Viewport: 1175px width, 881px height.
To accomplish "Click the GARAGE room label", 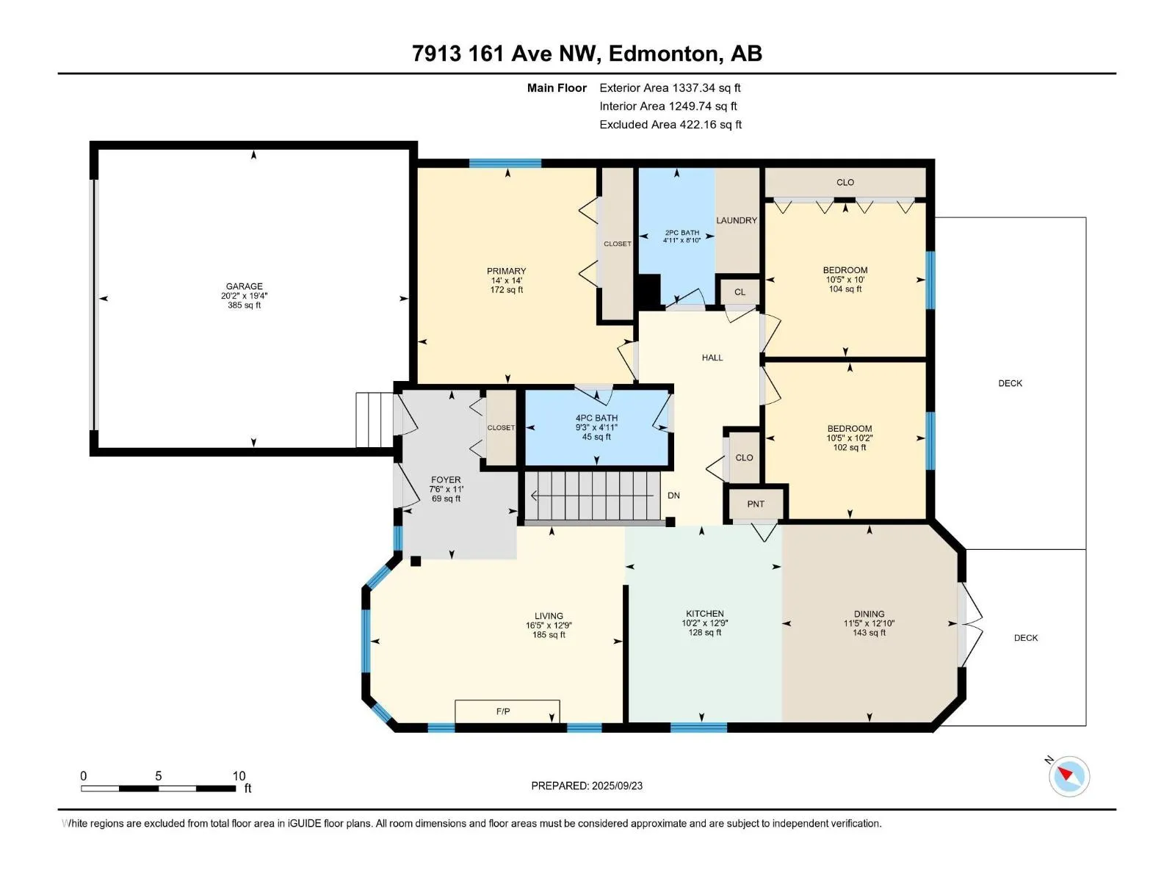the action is click(x=244, y=286).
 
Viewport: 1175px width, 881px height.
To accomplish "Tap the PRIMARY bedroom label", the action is click(x=507, y=271).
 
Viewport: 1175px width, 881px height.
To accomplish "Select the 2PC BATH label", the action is click(x=682, y=233).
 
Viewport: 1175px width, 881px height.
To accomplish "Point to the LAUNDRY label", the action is click(x=737, y=220).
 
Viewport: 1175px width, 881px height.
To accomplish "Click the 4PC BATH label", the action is click(x=596, y=418).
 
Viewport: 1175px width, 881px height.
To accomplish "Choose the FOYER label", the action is click(x=446, y=480).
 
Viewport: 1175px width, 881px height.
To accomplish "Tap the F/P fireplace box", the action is click(x=507, y=711).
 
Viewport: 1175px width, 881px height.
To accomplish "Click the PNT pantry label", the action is click(x=756, y=504).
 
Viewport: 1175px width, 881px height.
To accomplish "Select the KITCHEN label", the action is click(x=705, y=614).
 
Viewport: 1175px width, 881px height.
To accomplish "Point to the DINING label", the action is click(x=869, y=614).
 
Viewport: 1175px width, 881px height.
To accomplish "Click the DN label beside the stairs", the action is click(x=673, y=496).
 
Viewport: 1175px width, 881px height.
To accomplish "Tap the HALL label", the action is click(x=712, y=358).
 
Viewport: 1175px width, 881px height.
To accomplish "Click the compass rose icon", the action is click(x=1069, y=776).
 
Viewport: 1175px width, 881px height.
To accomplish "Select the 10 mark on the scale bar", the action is click(x=239, y=775).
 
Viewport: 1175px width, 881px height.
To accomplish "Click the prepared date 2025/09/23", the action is click(x=617, y=786).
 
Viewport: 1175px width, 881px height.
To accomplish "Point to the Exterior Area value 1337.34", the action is click(x=694, y=87).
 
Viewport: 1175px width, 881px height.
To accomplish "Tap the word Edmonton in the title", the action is click(x=662, y=54).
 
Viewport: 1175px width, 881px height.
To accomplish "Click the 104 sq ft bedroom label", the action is click(x=845, y=289).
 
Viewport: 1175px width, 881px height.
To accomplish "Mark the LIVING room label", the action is click(x=549, y=616).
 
